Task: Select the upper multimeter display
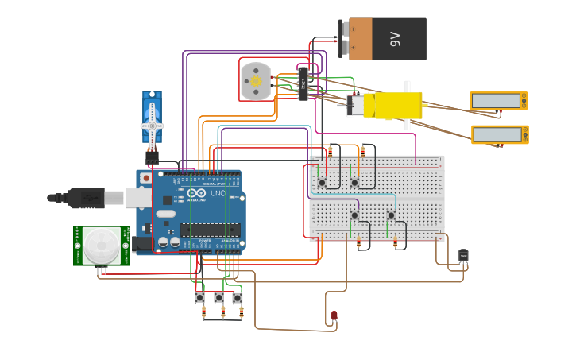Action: (498, 101)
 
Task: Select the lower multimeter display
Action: (499, 134)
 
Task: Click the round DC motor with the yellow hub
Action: (256, 80)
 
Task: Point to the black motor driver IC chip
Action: (303, 83)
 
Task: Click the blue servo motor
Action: (152, 119)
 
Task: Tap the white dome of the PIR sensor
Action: (102, 246)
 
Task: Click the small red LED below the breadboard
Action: (334, 316)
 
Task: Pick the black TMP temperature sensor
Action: (463, 255)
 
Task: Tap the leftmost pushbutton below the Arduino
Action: (199, 298)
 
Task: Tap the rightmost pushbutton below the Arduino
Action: (238, 298)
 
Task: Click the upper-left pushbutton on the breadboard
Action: (322, 183)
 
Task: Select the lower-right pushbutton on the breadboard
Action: (391, 215)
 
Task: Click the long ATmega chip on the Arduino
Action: (210, 230)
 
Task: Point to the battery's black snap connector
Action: (344, 39)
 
